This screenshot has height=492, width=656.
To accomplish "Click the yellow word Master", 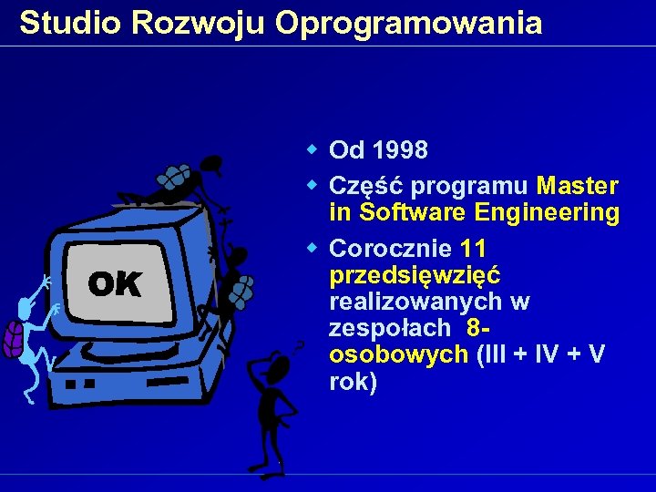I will coord(578,186).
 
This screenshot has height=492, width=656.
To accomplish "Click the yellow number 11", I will coord(474,248).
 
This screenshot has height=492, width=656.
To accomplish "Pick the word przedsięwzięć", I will coord(415,274).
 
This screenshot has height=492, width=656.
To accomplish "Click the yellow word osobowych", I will coord(398,354).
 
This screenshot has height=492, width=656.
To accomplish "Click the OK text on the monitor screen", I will coord(115,285).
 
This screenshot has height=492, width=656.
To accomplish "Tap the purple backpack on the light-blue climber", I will coord(14,338).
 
